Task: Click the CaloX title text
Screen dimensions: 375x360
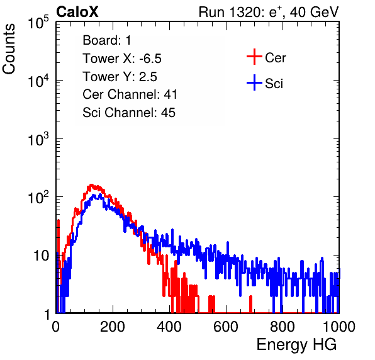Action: coord(77,12)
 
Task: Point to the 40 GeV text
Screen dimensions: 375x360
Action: coord(315,12)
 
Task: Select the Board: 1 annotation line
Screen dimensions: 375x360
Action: coord(107,40)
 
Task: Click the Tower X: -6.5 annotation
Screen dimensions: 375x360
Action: coord(122,59)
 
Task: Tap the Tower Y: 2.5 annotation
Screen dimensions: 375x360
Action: coord(120,77)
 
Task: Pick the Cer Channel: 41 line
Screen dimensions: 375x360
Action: coord(130,94)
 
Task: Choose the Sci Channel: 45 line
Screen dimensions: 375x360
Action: coord(129,113)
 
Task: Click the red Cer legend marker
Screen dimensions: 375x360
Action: coord(254,57)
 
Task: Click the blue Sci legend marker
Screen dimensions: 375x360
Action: coord(254,82)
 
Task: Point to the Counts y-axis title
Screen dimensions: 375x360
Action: coord(9,49)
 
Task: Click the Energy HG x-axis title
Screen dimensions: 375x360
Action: coord(296,345)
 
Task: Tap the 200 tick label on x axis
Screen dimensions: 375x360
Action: coord(113,326)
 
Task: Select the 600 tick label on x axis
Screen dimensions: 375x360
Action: coord(226,326)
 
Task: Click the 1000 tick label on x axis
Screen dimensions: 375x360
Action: coord(339,326)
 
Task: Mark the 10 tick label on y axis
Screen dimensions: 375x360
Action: coord(42,256)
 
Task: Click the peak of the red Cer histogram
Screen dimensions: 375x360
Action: coord(91,185)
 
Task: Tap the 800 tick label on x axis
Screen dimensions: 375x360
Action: coord(283,326)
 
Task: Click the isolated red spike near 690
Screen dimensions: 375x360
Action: coord(250,304)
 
